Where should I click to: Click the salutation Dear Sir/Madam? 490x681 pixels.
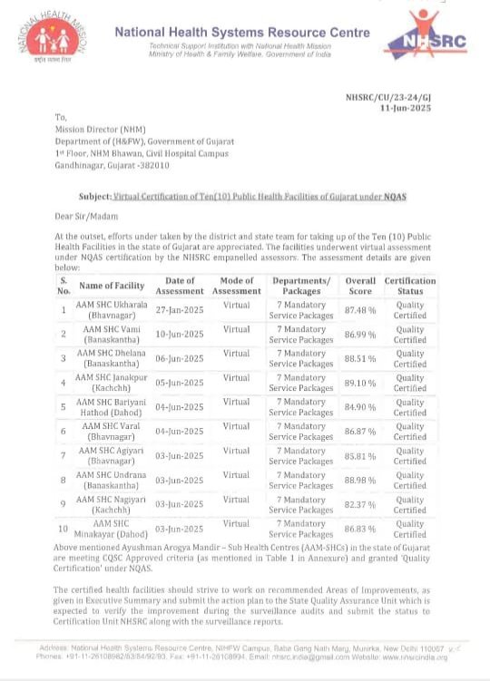(x=85, y=215)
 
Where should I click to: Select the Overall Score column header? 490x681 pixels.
(x=360, y=286)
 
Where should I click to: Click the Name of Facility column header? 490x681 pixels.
(x=112, y=286)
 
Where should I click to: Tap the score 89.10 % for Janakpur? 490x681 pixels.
(x=360, y=383)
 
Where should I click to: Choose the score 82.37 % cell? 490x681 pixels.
(x=360, y=504)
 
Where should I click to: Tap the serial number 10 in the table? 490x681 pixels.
(x=64, y=528)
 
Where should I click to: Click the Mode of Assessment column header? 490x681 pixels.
(x=236, y=286)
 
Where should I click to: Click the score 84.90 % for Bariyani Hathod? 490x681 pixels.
(x=360, y=407)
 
